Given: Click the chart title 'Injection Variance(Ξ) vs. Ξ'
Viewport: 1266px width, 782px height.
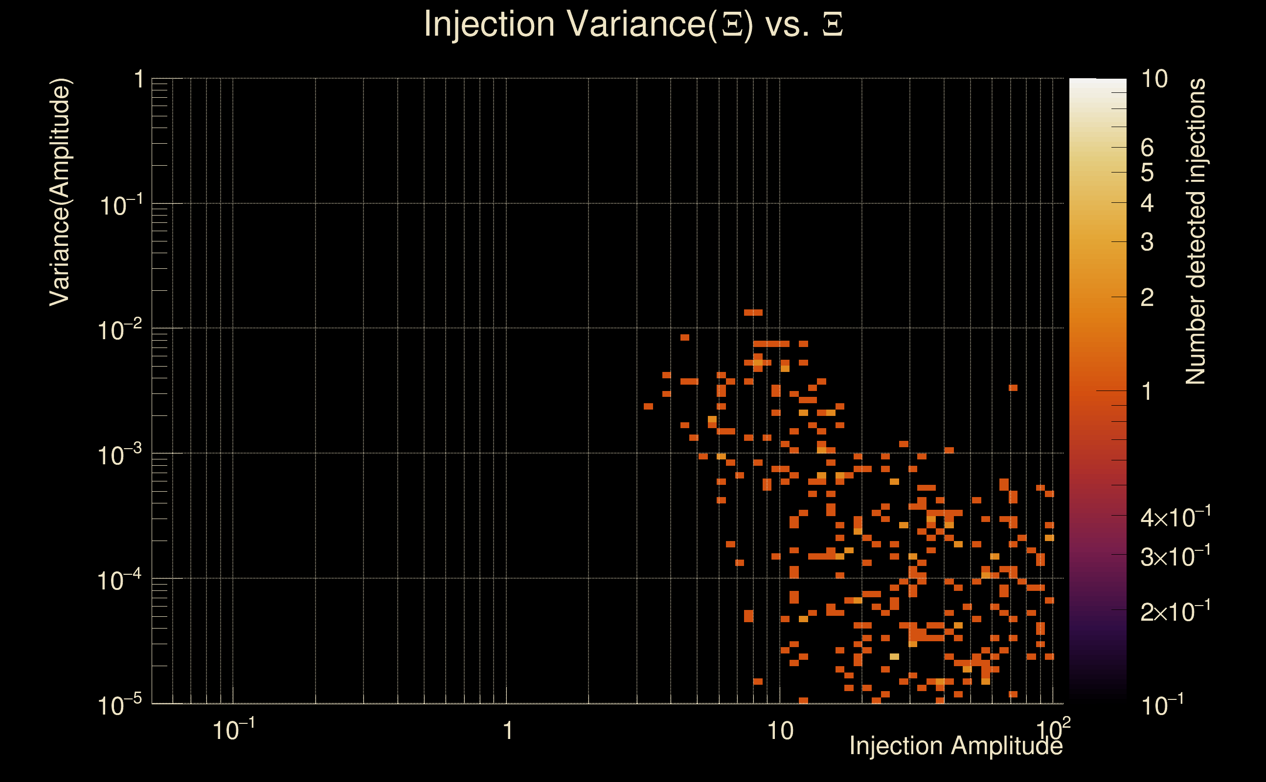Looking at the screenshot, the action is (x=633, y=24).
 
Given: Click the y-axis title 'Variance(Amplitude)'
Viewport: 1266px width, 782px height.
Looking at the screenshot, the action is (x=60, y=192).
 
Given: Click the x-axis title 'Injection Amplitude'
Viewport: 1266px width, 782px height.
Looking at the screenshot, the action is (x=956, y=746).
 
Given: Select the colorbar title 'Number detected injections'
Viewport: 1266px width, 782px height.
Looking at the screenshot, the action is (x=1195, y=231).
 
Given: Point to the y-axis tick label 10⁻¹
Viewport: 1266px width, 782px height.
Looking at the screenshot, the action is (x=120, y=205).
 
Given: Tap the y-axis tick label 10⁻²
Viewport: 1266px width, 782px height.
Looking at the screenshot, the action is (x=119, y=330).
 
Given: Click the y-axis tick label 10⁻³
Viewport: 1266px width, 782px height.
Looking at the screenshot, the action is (x=119, y=455).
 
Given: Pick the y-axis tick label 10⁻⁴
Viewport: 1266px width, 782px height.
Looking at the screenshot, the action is (x=119, y=580).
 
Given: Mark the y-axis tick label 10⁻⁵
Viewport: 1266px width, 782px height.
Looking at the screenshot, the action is (x=119, y=705).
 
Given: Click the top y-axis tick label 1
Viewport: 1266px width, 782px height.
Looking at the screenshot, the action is (x=139, y=80).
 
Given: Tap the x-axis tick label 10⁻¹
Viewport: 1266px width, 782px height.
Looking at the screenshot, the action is (x=234, y=730).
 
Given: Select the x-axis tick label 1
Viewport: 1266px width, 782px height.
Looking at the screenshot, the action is (x=508, y=731).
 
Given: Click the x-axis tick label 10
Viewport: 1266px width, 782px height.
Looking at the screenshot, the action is (x=780, y=731).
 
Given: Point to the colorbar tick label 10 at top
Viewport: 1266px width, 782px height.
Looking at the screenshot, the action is (x=1154, y=79).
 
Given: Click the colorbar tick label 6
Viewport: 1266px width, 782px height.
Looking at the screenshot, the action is (x=1147, y=148).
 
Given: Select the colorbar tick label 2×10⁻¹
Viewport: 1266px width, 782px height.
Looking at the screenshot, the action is (x=1176, y=611).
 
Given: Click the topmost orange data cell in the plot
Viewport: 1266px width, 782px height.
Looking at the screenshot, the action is (x=753, y=312).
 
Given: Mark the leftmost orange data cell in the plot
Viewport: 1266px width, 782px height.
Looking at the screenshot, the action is (x=649, y=406).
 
